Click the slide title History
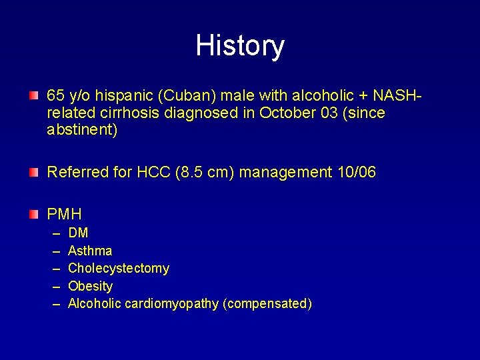pyautogui.click(x=240, y=46)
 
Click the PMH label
pyautogui.click(x=64, y=214)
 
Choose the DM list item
pyautogui.click(x=78, y=233)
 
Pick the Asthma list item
pyautogui.click(x=90, y=251)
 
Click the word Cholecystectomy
pyautogui.click(x=119, y=269)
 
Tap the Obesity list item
pyautogui.click(x=91, y=286)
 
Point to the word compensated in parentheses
pyautogui.click(x=267, y=304)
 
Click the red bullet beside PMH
pyautogui.click(x=33, y=214)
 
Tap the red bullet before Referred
pyautogui.click(x=33, y=173)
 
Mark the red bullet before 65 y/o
pyautogui.click(x=33, y=95)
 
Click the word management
pyautogui.click(x=283, y=173)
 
